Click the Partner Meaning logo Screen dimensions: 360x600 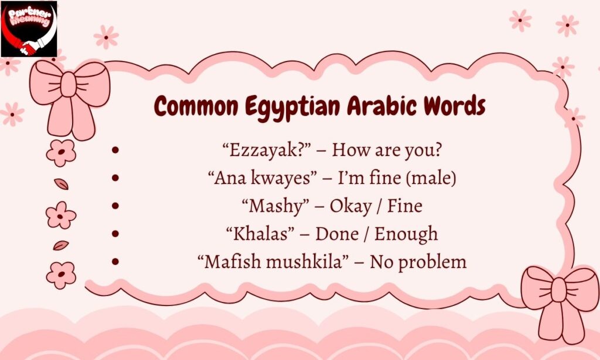29,29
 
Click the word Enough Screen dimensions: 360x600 406,234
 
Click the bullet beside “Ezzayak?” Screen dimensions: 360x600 115,150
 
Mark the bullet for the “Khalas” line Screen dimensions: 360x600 115,234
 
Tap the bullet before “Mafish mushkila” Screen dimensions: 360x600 115,261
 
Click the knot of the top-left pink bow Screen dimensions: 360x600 68,84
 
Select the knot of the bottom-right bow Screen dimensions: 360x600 559,290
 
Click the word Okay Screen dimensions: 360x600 351,206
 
